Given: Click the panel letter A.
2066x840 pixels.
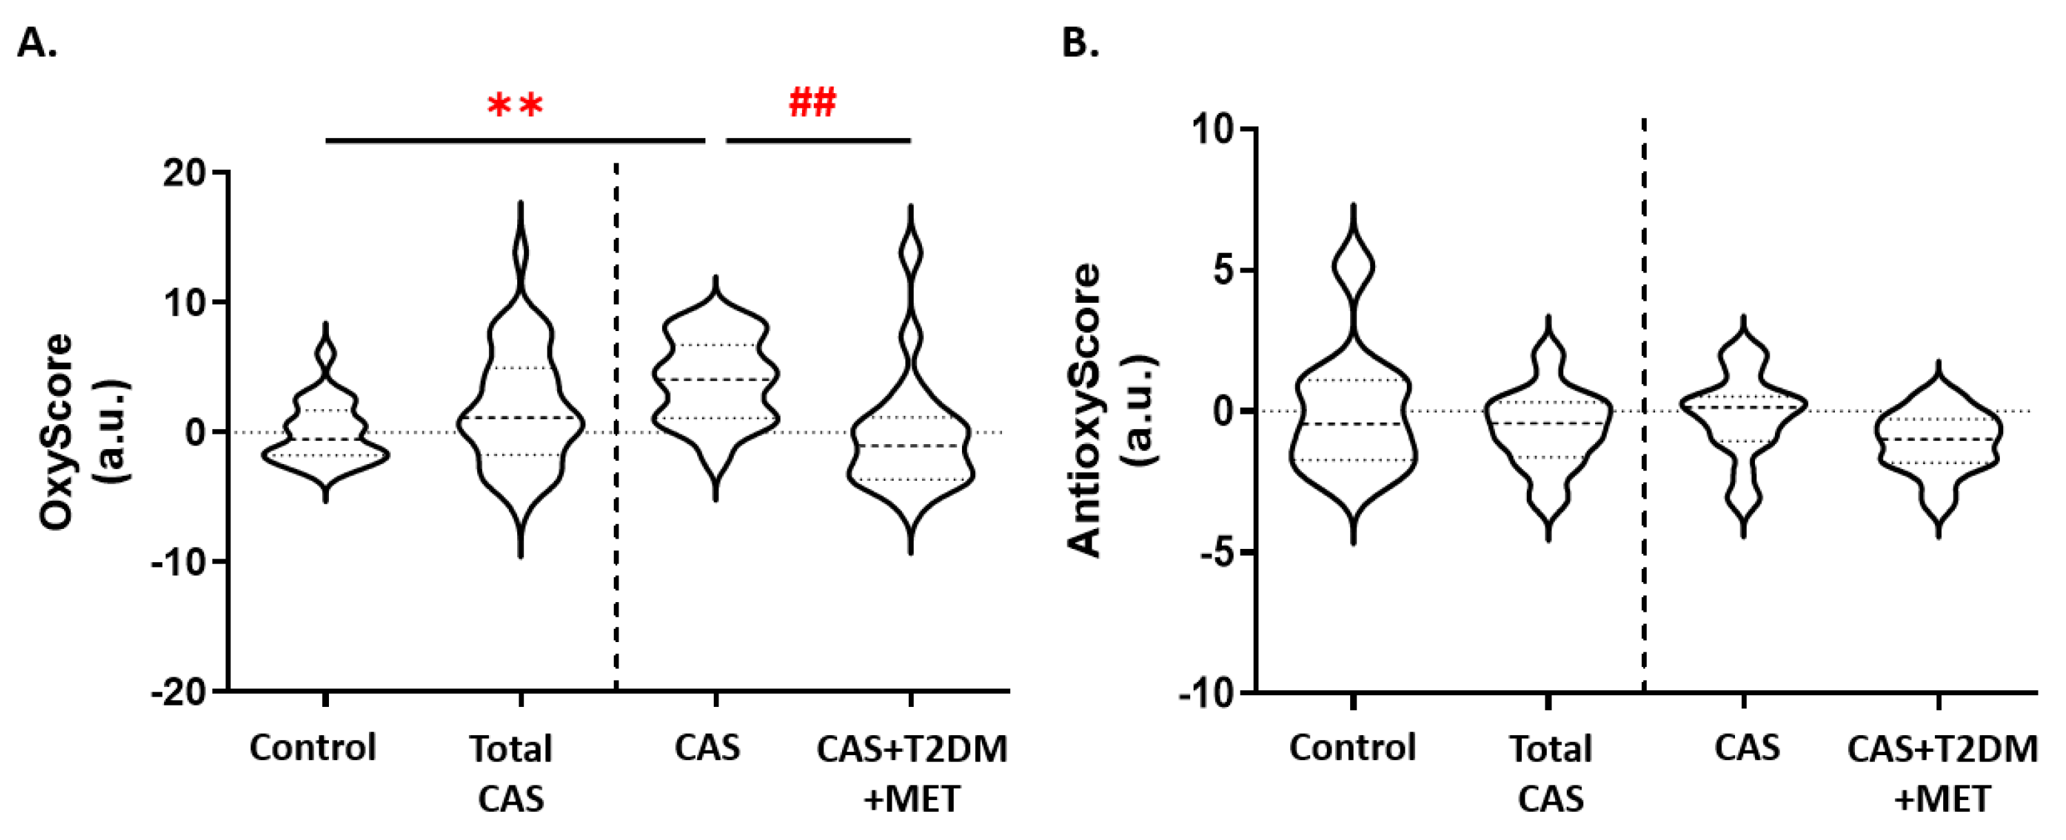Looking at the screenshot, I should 36,43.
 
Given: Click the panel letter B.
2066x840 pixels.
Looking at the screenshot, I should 1079,43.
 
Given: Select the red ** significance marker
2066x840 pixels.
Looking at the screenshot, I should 516,106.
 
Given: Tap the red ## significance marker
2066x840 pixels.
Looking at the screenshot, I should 812,103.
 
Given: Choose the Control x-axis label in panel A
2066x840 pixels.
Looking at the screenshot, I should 313,748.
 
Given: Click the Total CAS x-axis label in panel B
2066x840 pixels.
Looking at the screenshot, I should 1550,773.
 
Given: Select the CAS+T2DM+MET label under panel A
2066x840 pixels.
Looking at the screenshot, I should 912,773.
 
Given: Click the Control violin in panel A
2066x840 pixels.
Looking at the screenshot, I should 326,433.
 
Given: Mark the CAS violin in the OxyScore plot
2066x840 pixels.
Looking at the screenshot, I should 715,385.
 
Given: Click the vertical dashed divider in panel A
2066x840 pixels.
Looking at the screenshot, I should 616,426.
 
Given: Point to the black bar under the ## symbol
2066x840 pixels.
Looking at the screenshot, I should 818,141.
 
